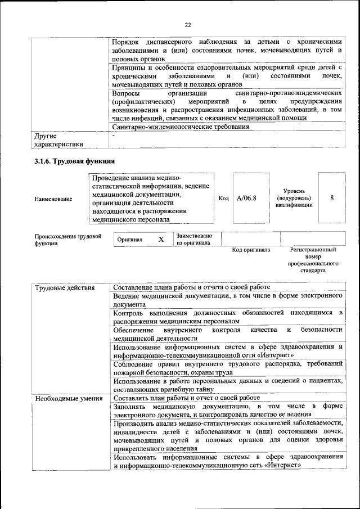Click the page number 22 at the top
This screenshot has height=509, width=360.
coord(188,24)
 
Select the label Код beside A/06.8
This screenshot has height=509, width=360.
coord(223,199)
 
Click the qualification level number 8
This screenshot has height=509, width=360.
coord(332,198)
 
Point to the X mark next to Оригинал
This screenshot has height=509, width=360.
coord(161,240)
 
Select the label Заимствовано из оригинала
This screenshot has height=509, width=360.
coord(193,240)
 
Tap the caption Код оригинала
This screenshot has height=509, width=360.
coord(251,250)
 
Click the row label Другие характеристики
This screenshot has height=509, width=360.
coord(58,140)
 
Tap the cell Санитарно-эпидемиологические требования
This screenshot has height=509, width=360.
coord(180,127)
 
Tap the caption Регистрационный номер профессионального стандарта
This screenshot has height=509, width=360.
coord(313,260)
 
